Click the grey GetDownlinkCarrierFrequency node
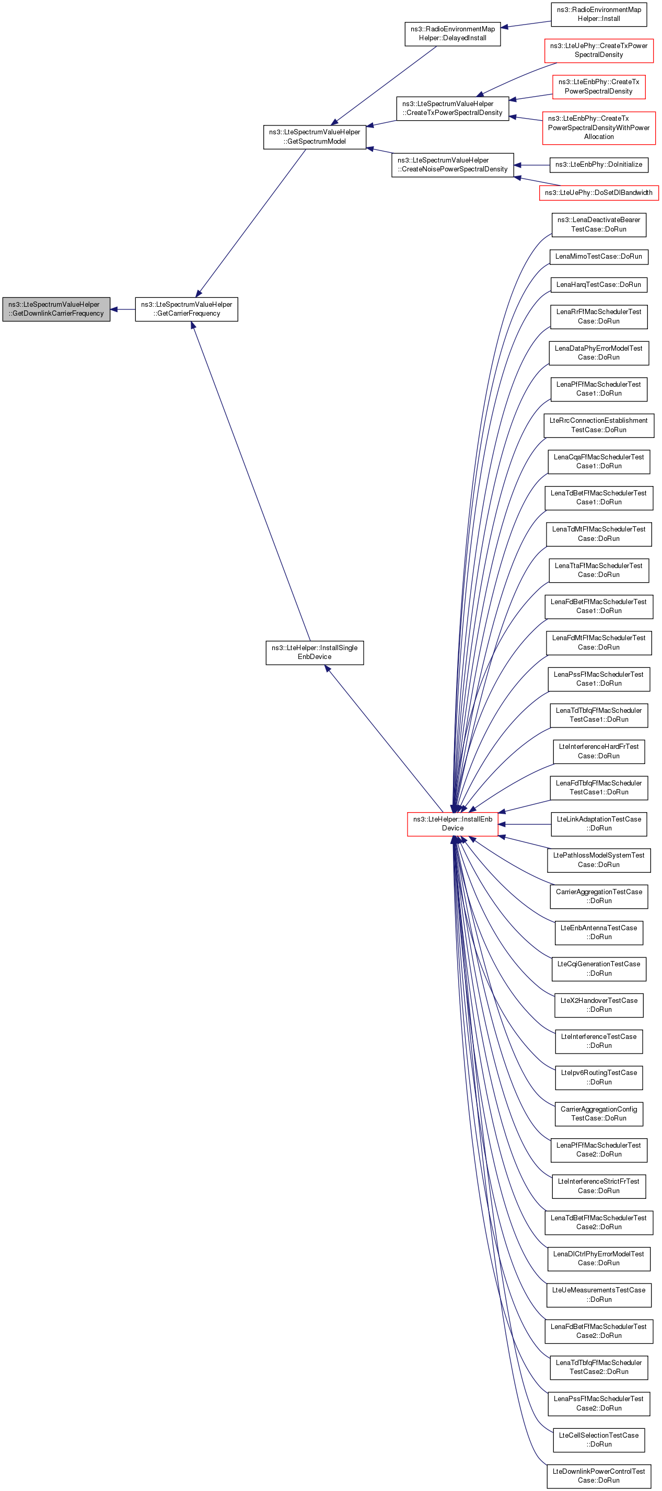[x=56, y=309]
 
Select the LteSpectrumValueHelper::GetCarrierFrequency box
[x=187, y=309]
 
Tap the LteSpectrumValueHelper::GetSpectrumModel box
[x=315, y=136]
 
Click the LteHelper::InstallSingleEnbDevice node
[x=315, y=652]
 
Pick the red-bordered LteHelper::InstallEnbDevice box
[x=452, y=824]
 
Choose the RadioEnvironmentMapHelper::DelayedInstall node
[x=452, y=33]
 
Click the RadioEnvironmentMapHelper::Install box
[x=599, y=15]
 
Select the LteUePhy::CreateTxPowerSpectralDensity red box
[x=599, y=50]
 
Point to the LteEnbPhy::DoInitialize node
[x=599, y=165]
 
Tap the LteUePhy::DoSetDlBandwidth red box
[x=599, y=193]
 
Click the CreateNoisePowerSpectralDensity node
[x=452, y=165]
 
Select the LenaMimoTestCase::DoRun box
[x=599, y=257]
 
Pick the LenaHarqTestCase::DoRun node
[x=599, y=285]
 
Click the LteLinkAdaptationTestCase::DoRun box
[x=599, y=824]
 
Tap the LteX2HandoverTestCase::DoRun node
[x=599, y=1005]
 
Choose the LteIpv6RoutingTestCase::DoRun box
[x=599, y=1077]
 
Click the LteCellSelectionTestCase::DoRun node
[x=599, y=1439]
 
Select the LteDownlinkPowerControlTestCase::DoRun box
[x=599, y=1476]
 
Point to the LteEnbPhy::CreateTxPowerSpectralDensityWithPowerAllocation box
[x=599, y=128]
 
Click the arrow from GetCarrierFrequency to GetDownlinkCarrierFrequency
[x=123, y=309]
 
